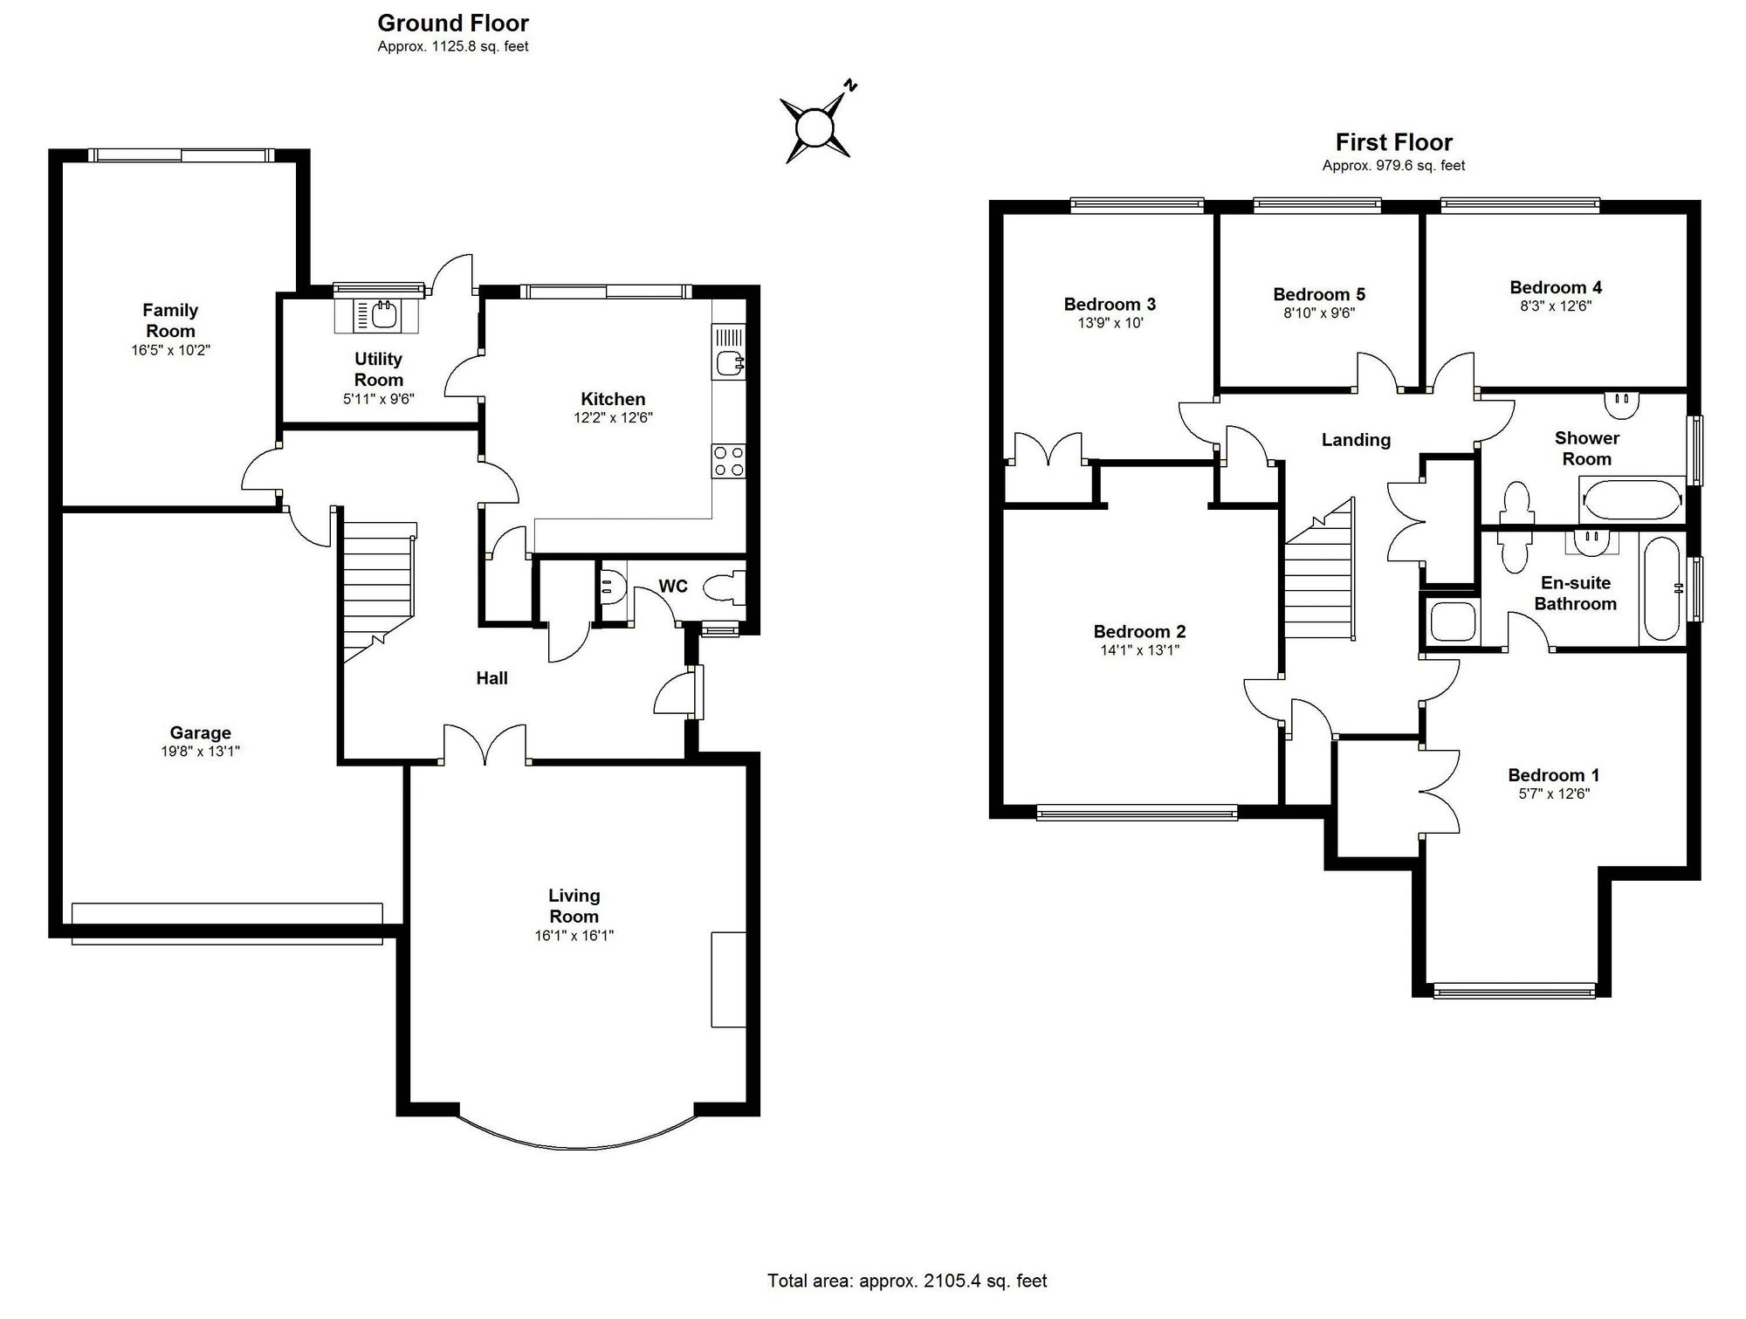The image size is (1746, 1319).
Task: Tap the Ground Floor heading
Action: point(453,23)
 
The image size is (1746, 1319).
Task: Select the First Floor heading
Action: point(1393,142)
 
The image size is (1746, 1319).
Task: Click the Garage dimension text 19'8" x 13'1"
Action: point(200,752)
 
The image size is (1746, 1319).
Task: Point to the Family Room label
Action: point(170,320)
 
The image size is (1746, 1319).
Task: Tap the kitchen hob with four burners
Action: point(728,461)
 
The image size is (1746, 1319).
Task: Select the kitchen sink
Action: point(727,362)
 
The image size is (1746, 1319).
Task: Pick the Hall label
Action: point(491,678)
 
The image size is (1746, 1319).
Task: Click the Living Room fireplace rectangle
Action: point(728,979)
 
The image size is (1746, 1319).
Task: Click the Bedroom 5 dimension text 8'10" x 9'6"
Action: point(1318,313)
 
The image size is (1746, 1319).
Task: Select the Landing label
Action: point(1355,440)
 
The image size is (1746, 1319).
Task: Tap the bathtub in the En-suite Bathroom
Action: point(1660,588)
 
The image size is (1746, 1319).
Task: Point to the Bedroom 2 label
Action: point(1139,631)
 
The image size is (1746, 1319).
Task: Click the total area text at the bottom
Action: point(906,1281)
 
